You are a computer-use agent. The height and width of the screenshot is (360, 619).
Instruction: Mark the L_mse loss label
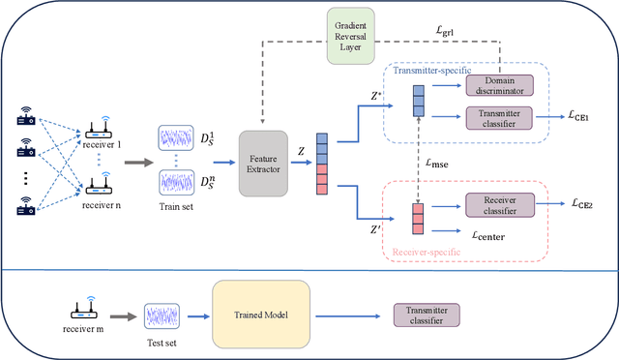[x=438, y=165]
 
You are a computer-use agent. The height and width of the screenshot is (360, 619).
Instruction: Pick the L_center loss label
[x=491, y=233]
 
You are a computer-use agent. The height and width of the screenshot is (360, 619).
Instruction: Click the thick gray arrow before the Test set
[x=122, y=315]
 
